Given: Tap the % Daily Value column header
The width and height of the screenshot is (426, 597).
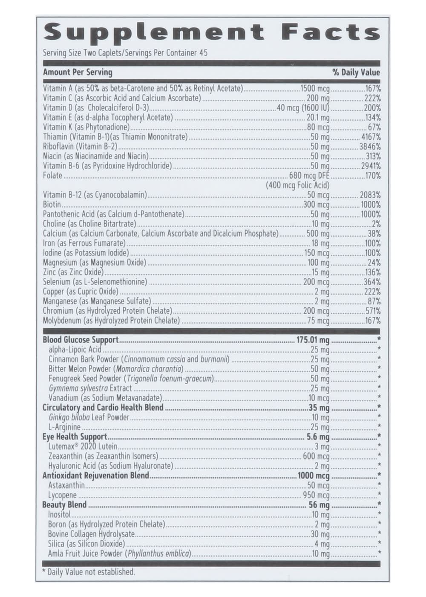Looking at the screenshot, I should point(356,72).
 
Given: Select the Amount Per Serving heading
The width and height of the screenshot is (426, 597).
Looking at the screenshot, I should point(78,72).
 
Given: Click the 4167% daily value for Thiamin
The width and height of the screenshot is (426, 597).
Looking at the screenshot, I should point(370,137).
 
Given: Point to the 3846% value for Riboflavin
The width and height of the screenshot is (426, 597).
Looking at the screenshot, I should point(370,147).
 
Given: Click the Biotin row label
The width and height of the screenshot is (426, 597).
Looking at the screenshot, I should point(52,204).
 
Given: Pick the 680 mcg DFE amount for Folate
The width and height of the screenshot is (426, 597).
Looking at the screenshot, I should point(309,176).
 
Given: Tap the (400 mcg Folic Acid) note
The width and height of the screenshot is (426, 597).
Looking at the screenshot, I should point(298,185).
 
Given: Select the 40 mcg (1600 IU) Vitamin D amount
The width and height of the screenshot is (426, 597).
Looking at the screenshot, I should point(303,108).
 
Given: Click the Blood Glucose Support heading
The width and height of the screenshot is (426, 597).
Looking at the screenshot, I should point(81,340).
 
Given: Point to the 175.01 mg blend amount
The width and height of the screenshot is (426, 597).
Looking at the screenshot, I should point(313,340).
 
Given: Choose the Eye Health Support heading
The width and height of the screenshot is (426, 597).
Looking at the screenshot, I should point(75,437).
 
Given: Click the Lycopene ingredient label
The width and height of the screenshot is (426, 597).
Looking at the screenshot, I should point(62,495).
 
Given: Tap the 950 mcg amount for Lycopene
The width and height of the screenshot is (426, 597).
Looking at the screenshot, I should point(316,495).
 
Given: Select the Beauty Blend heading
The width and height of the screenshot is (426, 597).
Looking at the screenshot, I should point(64,505).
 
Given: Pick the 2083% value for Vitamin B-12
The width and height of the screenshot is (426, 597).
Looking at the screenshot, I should point(370,195).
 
